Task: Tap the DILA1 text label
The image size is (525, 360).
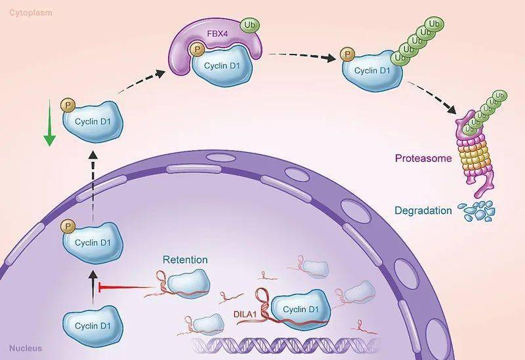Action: pyautogui.click(x=244, y=315)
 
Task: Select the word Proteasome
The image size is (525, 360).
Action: pyautogui.click(x=423, y=157)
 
